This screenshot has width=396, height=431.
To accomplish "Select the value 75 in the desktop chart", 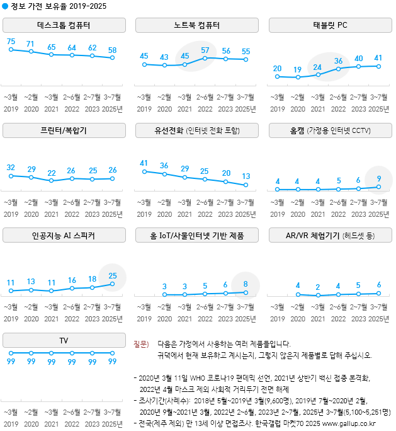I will click(11, 42).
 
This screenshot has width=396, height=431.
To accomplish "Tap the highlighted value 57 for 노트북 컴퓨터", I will click(205, 50).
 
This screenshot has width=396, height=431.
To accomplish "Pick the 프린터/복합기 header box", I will click(64, 130).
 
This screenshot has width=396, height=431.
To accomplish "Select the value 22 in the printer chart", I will click(52, 173).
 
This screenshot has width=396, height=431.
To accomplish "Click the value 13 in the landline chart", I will click(246, 176).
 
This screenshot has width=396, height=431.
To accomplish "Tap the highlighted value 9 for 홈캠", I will click(378, 178).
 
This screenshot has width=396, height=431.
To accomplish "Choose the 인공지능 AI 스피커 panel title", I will click(64, 236).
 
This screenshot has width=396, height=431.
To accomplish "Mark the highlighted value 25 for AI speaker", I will click(113, 275).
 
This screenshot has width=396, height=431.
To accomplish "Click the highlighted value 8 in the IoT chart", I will click(246, 284).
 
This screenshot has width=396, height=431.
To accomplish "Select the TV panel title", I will click(64, 340).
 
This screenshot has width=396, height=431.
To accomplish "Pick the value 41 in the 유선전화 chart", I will click(144, 163).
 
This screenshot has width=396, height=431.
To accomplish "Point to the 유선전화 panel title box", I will click(197, 130).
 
